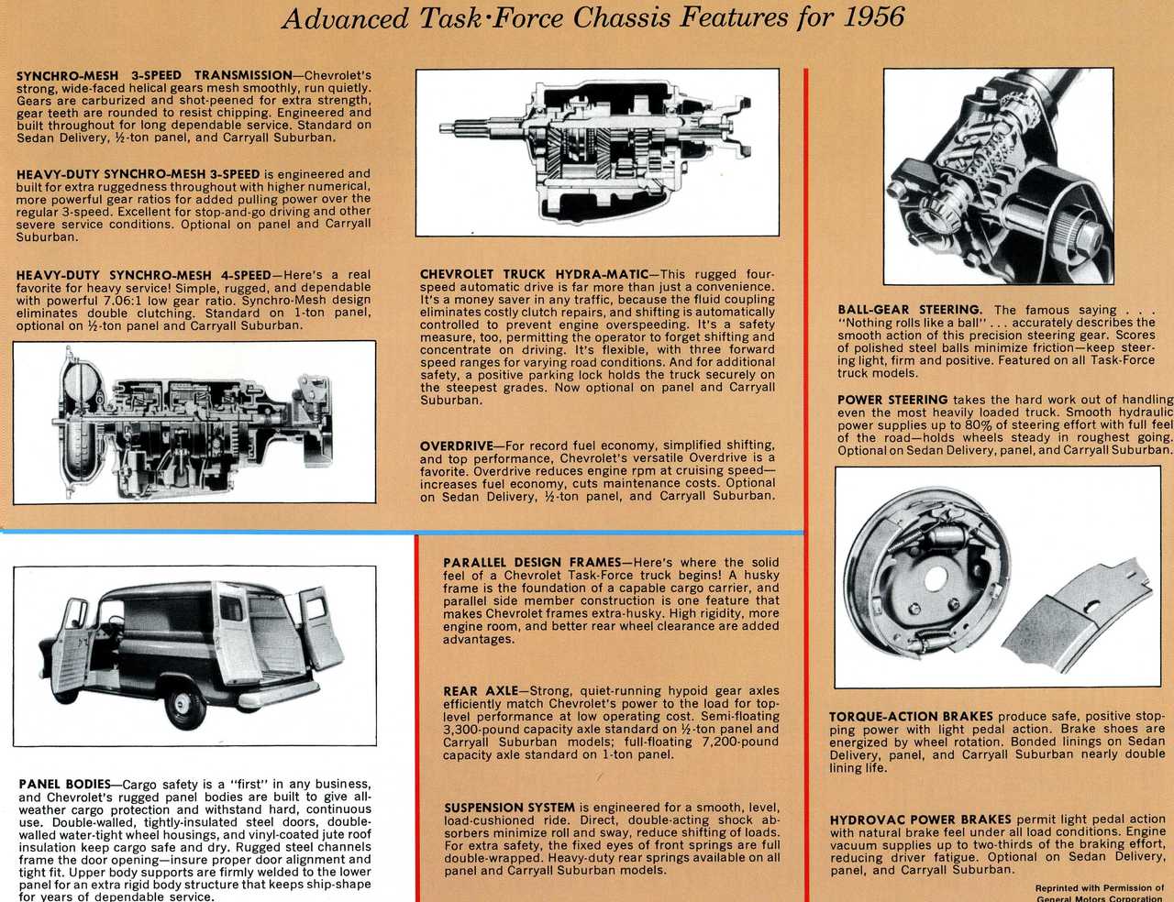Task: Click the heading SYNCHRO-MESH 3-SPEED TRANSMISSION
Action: (152, 74)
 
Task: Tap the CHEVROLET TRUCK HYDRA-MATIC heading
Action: (534, 274)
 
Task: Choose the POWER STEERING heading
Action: (892, 400)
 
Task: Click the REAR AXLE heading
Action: (479, 691)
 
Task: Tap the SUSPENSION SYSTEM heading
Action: (509, 808)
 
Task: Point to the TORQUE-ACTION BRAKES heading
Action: (911, 717)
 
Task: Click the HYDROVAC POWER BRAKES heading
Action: (920, 819)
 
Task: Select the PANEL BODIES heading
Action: (63, 784)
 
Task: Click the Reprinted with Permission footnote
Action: (1099, 889)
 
